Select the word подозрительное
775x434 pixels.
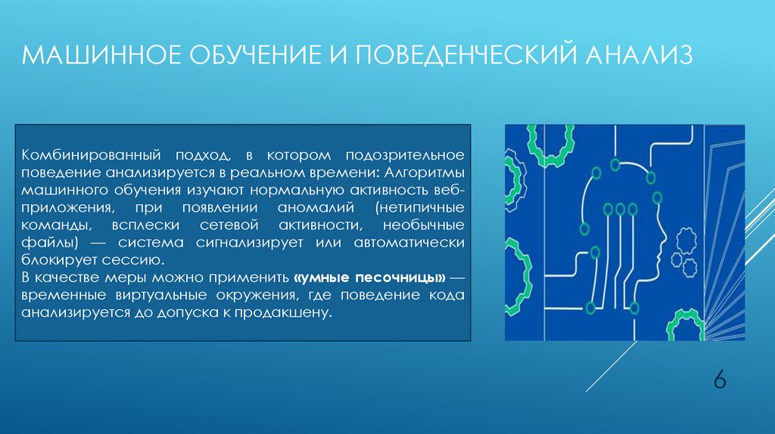tap(405, 155)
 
